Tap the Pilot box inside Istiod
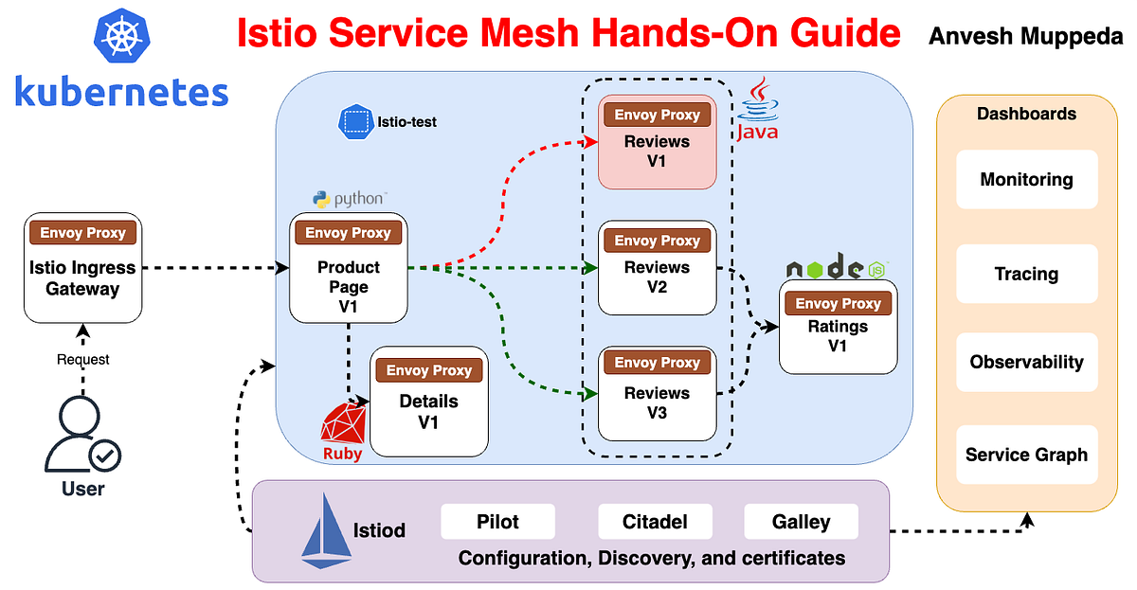[x=497, y=522]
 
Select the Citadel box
[x=655, y=522]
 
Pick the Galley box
[x=801, y=522]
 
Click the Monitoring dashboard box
[x=1026, y=179]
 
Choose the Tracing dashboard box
[x=1026, y=274]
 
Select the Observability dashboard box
[x=1026, y=362]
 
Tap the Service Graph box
[x=1026, y=455]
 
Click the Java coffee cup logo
[x=757, y=109]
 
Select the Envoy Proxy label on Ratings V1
[x=838, y=304]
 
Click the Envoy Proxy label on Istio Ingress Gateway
[x=82, y=233]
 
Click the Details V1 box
[x=428, y=401]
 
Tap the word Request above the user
[x=82, y=360]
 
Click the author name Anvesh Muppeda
[x=1025, y=37]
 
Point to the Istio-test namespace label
[x=388, y=121]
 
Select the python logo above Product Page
[x=348, y=199]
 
